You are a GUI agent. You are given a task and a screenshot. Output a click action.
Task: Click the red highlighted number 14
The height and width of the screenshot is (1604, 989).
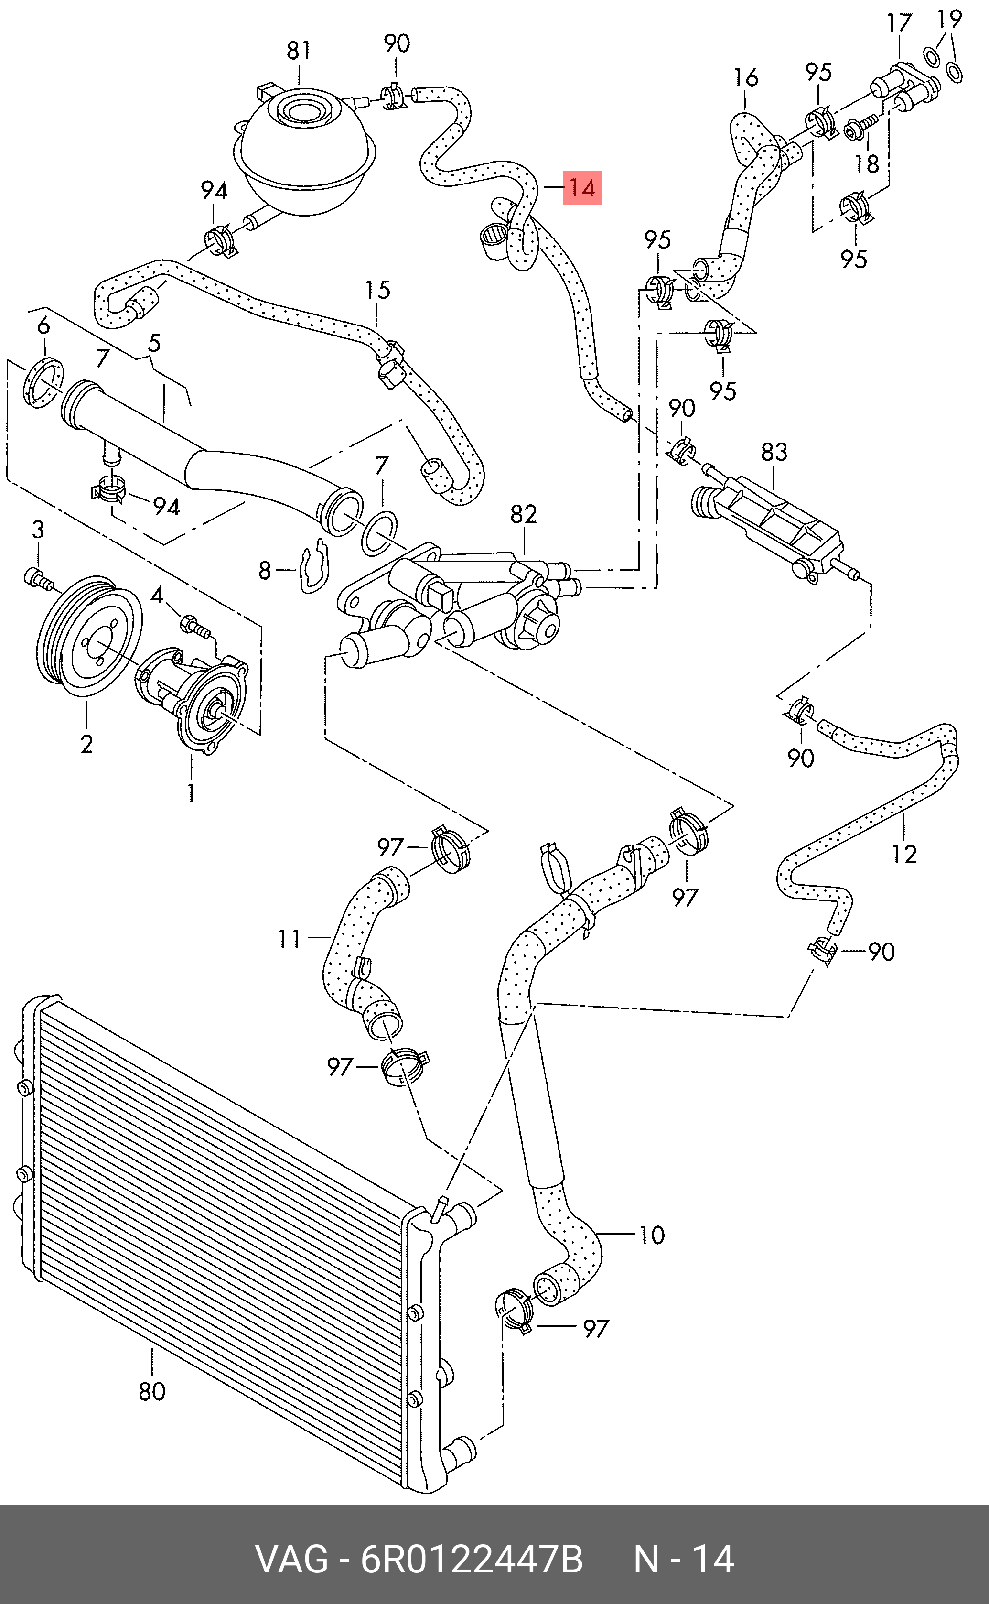(581, 188)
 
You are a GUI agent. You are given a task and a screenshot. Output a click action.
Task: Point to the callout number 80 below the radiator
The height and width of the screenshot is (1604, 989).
(152, 1391)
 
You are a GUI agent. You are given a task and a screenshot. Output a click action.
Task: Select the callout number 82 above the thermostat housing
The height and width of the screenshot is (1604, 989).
(523, 514)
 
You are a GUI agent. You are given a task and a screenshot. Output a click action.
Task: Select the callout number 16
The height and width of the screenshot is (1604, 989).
(746, 77)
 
